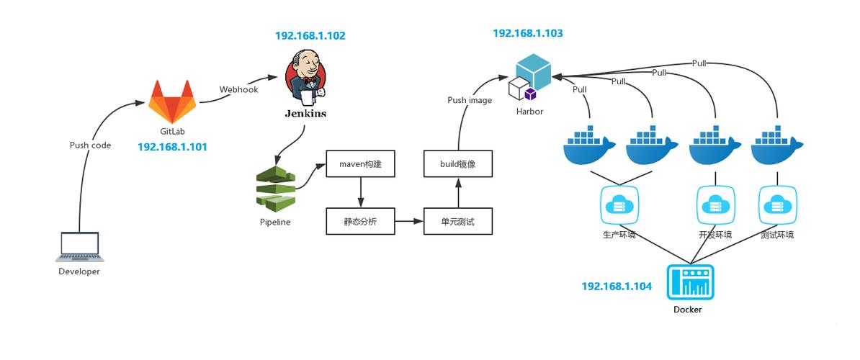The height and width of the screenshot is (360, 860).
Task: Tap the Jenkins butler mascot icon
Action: pos(304,78)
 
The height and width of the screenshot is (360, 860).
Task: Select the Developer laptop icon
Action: pos(79,247)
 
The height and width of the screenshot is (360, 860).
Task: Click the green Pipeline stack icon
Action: pos(275,189)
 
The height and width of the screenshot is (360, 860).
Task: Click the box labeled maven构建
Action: pos(360,164)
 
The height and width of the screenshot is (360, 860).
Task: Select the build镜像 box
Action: pos(458,164)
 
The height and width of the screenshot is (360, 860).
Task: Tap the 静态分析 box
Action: pos(360,222)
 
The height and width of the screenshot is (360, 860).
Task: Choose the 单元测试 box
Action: pos(458,222)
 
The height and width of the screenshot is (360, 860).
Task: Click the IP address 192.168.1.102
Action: pos(310,35)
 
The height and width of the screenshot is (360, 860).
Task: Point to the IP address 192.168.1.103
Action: pos(527,33)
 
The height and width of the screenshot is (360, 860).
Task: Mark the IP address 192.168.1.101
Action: pos(172,147)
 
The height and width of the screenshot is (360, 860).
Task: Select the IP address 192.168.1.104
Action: pos(617,287)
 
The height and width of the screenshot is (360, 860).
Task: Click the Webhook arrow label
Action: pos(238,90)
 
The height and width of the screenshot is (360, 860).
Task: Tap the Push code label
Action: pos(90,145)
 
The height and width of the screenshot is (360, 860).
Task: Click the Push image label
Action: pos(470,100)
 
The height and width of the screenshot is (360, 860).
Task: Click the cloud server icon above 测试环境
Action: pos(777,205)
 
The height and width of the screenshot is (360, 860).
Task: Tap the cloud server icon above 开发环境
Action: pos(715,205)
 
